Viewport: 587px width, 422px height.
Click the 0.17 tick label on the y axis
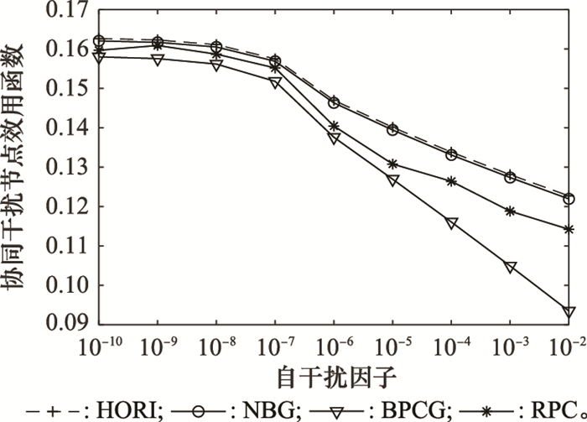(x=67, y=11)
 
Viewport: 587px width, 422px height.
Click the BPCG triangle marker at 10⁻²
(x=569, y=312)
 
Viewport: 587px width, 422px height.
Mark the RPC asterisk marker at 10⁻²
(x=569, y=229)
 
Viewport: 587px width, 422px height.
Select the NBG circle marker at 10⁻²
(x=569, y=199)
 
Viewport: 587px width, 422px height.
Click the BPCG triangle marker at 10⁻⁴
(x=452, y=223)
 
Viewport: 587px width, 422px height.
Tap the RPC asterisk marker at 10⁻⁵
(x=392, y=164)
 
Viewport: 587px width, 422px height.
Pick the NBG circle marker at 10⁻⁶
(x=334, y=102)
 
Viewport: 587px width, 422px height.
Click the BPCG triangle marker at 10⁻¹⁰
(x=99, y=57)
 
